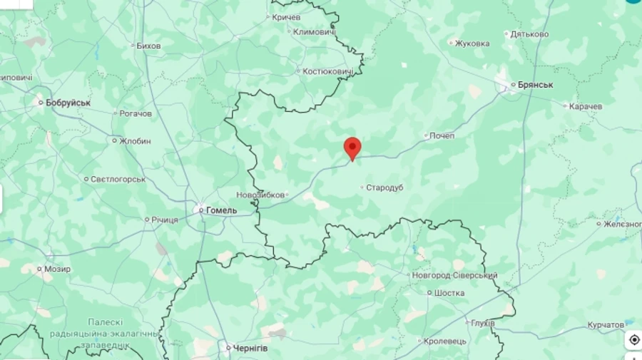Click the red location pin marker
coord(352,148)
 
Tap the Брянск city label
coord(535,85)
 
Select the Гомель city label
coord(221,210)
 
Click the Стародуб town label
coord(384,187)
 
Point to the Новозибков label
coord(260,195)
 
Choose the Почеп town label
coord(442,135)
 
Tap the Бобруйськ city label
coord(68,103)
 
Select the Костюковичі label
coord(328,71)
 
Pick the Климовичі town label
coord(315,32)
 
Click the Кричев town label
coord(286,17)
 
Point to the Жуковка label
coord(472,43)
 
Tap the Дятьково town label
coord(529,34)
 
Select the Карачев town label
coord(586,106)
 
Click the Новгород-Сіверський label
coord(454,275)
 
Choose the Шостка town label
coord(449,292)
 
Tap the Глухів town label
coord(482,323)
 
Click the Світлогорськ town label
coord(118,180)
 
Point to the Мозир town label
coord(57,269)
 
